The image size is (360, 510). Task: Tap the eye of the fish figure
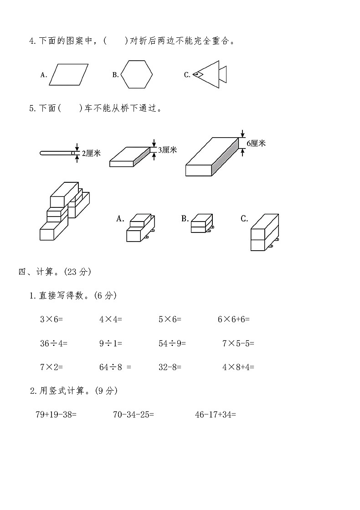pos(197,74)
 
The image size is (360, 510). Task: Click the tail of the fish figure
pos(222,74)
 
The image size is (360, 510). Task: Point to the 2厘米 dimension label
pos(91,153)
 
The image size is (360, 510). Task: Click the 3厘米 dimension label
pos(167,149)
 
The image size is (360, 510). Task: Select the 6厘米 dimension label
pos(256,143)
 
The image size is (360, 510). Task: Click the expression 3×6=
pos(51,319)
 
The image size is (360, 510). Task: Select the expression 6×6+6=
pos(234,319)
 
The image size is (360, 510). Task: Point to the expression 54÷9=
pos(172,343)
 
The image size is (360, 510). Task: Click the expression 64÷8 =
pos(115,367)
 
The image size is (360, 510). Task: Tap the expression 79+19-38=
pos(56,415)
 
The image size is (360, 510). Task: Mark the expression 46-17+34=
pos(215,415)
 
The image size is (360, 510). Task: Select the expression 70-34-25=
pos(134,415)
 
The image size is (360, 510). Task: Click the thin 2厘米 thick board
pos(58,153)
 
